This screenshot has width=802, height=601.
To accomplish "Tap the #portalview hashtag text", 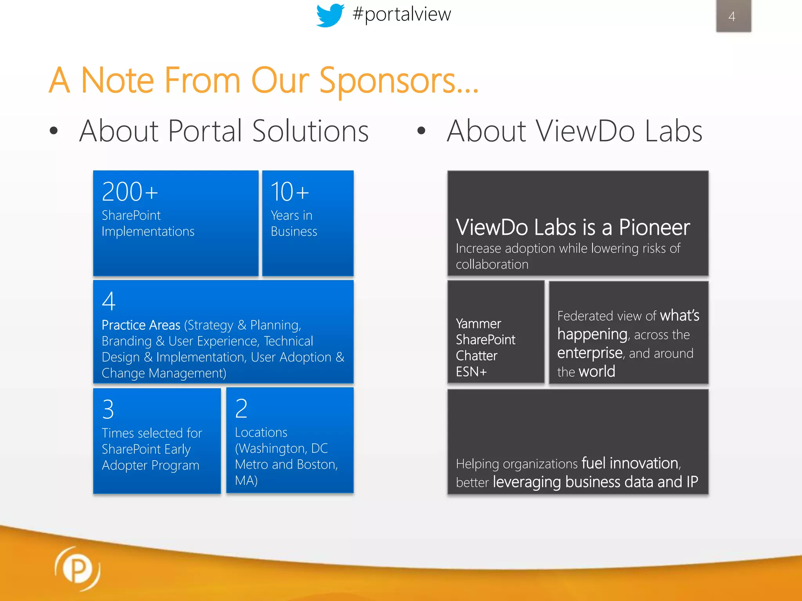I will point(401,14).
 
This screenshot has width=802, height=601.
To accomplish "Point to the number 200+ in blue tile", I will point(130,192).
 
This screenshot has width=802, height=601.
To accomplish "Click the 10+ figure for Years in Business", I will point(290,192).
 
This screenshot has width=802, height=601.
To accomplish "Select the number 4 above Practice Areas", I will point(108,301).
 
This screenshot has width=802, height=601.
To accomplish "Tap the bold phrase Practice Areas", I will point(141,325).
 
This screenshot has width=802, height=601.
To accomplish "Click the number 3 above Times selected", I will point(108,409).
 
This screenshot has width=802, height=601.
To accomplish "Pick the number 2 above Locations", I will point(241,408).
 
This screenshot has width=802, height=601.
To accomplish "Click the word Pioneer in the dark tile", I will point(654,227).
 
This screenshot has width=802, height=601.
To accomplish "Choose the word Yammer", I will point(478,324).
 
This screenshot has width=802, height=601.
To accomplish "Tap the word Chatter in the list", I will point(476,356).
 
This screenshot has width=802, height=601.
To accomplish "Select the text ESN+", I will point(471,372).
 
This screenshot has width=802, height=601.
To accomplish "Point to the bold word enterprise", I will point(589,353).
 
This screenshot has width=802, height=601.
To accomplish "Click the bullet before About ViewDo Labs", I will point(421,131).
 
